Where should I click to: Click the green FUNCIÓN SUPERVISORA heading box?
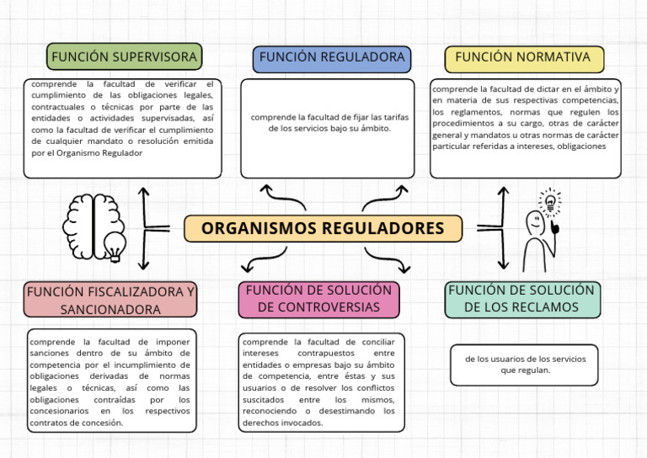point(124,57)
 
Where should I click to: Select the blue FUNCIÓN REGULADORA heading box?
point(332,57)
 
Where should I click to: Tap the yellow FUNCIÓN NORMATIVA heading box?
point(524,57)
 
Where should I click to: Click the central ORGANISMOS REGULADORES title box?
point(323,228)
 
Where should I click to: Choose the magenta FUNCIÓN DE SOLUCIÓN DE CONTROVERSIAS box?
point(318,299)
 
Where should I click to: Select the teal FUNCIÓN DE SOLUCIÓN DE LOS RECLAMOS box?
point(521,299)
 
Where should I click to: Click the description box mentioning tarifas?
point(327,128)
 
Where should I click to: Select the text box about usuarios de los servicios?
point(524,365)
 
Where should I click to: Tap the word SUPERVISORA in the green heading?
point(159,57)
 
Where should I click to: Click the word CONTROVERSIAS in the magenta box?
point(318,307)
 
